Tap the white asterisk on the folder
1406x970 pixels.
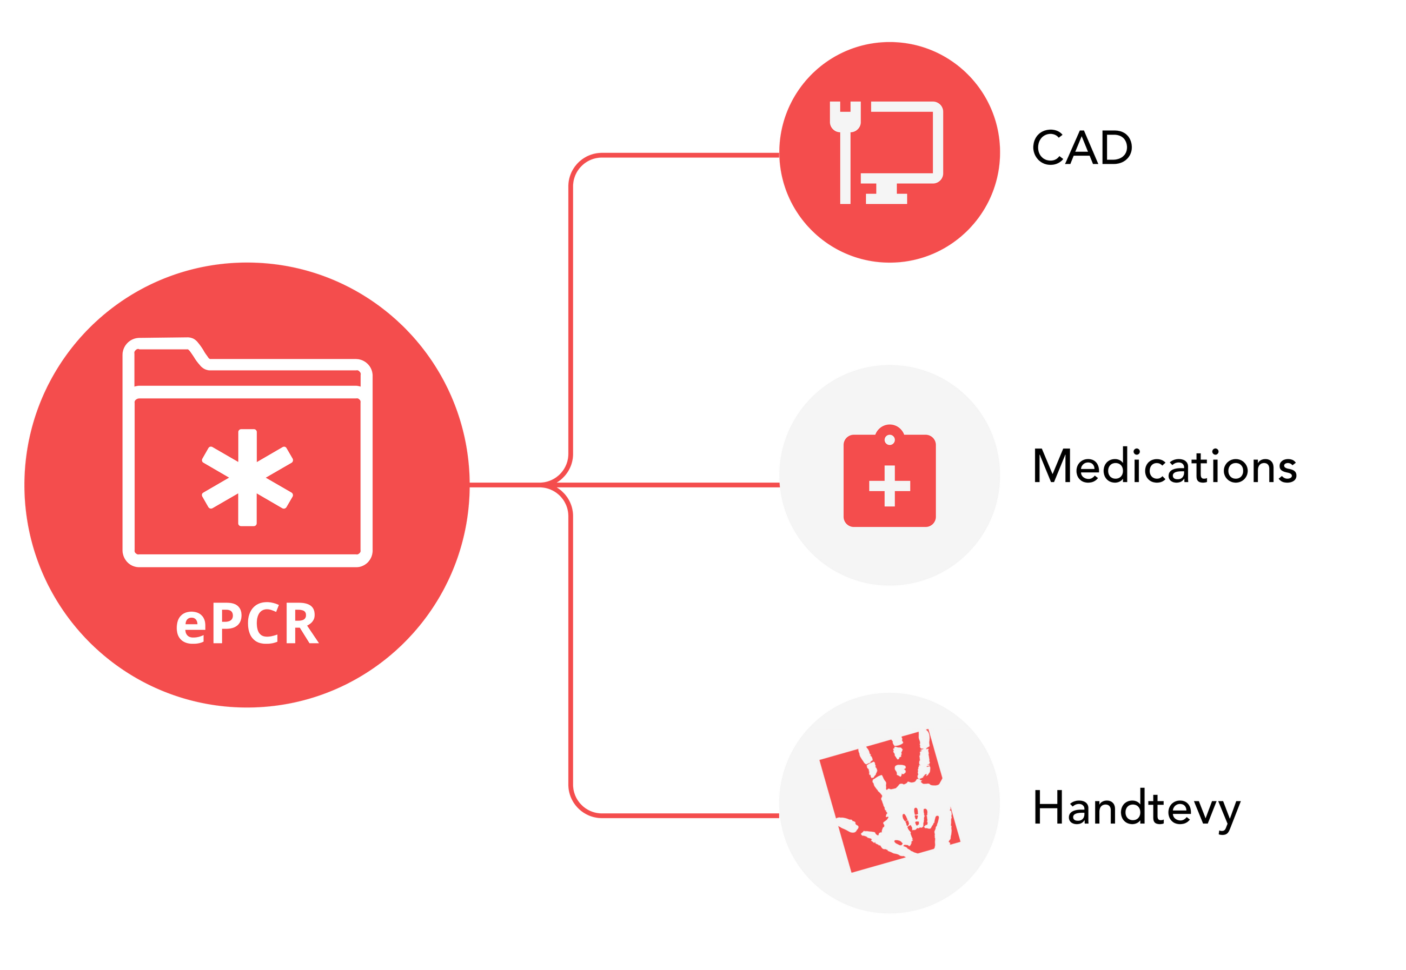247,477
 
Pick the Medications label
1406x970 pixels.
1165,467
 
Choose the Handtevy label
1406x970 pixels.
1136,809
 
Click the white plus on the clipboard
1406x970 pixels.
889,486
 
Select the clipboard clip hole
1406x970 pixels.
889,439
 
